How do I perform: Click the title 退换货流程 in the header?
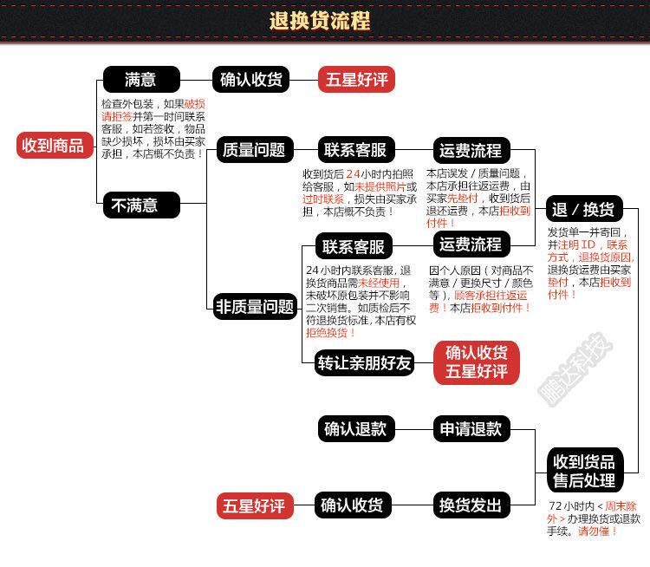click(x=320, y=21)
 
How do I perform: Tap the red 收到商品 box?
click(x=53, y=145)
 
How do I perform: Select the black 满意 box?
click(x=141, y=80)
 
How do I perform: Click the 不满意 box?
click(x=141, y=205)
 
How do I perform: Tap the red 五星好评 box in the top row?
click(x=356, y=80)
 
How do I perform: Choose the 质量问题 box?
click(x=254, y=149)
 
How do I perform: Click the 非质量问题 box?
click(x=254, y=306)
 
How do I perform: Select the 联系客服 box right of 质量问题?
click(x=354, y=149)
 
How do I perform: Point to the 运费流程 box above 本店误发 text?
click(x=471, y=149)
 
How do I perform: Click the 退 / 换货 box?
click(x=582, y=209)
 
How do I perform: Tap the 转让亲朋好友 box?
click(x=364, y=362)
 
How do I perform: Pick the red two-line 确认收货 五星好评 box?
click(x=476, y=362)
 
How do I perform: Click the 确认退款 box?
click(x=354, y=428)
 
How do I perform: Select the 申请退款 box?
click(x=471, y=428)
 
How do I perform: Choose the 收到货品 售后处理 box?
click(x=584, y=471)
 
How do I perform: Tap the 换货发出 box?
click(x=471, y=505)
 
